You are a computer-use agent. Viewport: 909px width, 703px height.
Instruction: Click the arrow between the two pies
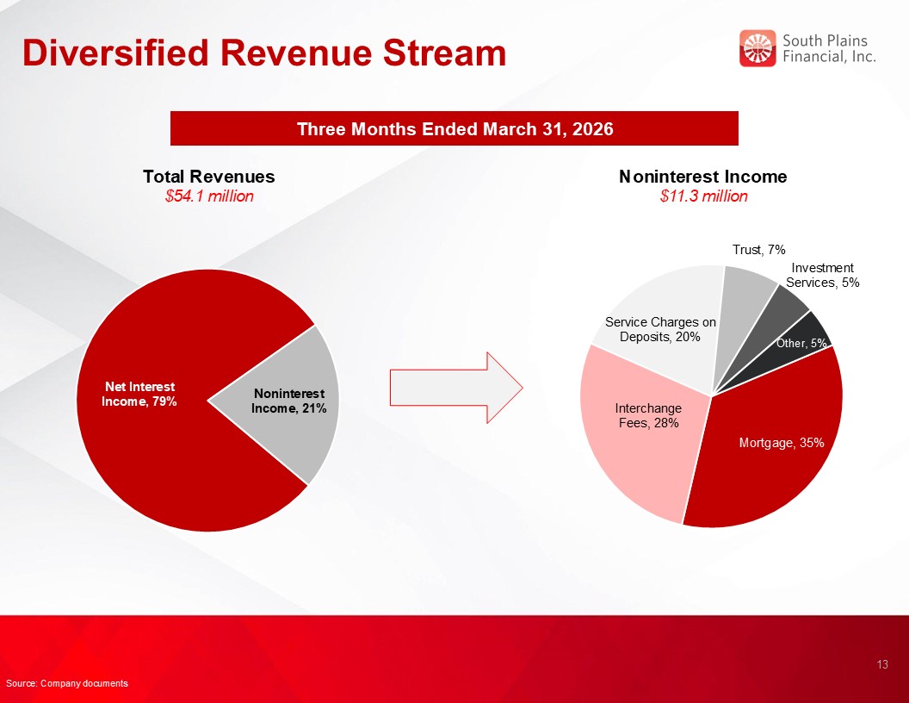(456, 387)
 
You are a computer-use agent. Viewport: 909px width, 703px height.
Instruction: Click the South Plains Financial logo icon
(757, 48)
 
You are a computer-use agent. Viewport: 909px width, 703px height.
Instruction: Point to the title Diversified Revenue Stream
(264, 53)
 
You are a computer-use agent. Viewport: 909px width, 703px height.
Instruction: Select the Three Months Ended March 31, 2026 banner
(454, 129)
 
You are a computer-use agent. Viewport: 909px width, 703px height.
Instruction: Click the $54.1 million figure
(209, 196)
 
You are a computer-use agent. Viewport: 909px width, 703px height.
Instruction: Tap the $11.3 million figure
(703, 196)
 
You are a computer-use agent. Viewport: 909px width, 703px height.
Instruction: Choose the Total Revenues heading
(209, 177)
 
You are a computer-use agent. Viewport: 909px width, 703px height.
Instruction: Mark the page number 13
(881, 664)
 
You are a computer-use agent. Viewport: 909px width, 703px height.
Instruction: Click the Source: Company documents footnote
(67, 683)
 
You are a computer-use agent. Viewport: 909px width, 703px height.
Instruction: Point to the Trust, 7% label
(758, 250)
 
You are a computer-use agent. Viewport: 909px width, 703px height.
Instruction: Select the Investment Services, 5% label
(823, 275)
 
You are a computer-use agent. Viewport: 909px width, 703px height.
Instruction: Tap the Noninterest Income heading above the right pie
(703, 177)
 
